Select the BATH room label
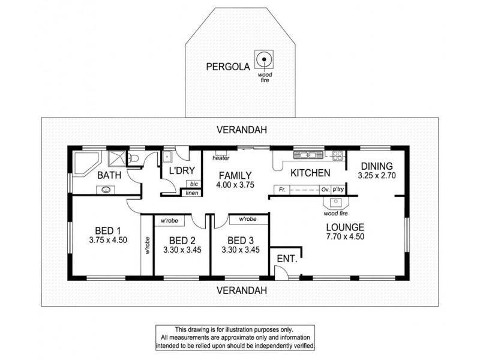(x=110, y=175)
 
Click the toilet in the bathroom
(x=135, y=158)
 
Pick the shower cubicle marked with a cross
(x=116, y=159)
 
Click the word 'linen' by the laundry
(x=191, y=193)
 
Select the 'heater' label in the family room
(x=221, y=158)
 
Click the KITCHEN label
(x=310, y=173)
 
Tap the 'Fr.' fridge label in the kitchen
(x=281, y=190)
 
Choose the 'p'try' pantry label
(x=340, y=190)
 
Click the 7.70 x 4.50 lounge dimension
(x=345, y=236)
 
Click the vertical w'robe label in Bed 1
(x=146, y=246)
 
